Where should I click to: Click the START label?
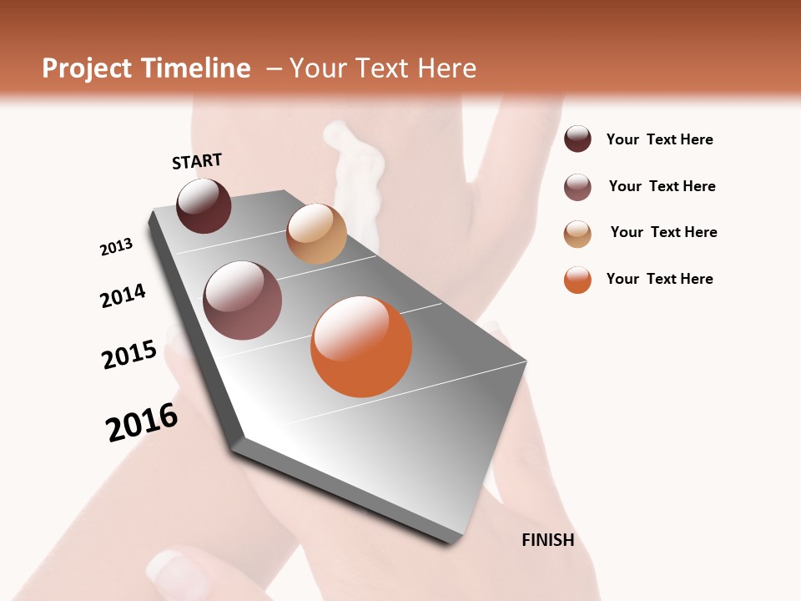point(197,161)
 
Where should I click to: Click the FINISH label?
point(547,540)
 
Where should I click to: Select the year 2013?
point(116,247)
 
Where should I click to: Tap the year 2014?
point(123,296)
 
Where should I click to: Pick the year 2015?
point(129,355)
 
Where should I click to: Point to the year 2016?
point(142,422)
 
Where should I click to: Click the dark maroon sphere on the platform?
point(204,206)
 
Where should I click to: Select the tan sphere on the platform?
point(316,234)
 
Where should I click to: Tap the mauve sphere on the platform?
point(242,300)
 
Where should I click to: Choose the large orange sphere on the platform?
point(361,346)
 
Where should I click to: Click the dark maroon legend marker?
point(577,139)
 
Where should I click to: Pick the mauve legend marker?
point(577,187)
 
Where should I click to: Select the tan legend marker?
point(577,234)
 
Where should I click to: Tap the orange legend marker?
point(577,280)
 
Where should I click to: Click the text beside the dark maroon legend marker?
point(659,140)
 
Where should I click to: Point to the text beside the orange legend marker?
point(659,279)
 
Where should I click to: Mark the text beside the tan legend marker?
point(663,232)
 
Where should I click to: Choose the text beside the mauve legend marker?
point(662,186)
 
